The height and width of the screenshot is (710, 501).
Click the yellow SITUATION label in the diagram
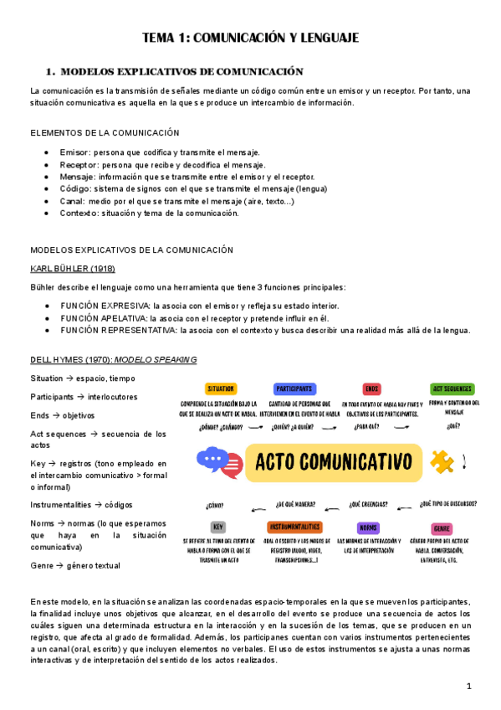click(x=221, y=388)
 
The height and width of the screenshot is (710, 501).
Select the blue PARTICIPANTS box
click(x=294, y=388)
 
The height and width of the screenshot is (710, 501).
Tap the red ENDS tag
click(x=371, y=388)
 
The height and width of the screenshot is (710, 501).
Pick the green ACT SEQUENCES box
click(x=452, y=388)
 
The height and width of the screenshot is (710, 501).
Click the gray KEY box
click(x=217, y=527)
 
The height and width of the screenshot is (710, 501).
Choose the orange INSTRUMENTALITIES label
click(x=294, y=527)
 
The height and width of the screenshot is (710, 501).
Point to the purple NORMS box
click(x=368, y=528)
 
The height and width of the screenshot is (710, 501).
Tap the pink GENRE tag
click(x=442, y=529)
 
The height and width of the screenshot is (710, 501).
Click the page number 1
click(x=469, y=687)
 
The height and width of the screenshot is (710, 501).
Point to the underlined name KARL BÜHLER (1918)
click(x=73, y=269)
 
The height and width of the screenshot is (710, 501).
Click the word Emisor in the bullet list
click(x=74, y=152)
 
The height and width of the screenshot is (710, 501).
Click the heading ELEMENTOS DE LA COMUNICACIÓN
click(x=105, y=132)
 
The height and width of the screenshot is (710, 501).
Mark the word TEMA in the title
click(x=160, y=38)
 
